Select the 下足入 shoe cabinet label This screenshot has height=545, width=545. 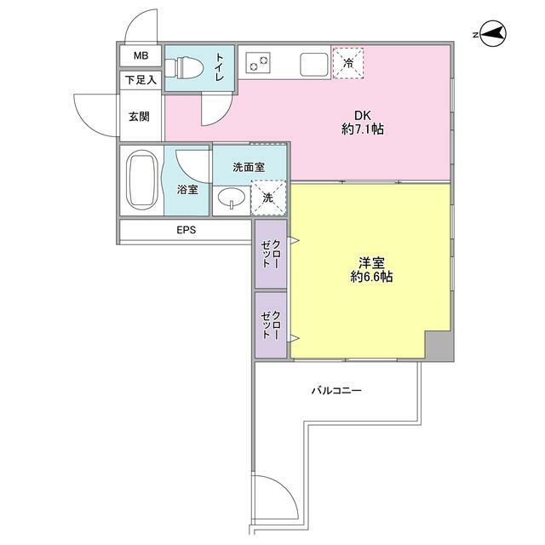click(x=141, y=81)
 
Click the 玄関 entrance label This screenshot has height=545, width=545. click(x=140, y=116)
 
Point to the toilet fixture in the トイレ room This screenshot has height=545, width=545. click(x=183, y=67)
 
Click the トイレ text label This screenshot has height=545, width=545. click(x=220, y=66)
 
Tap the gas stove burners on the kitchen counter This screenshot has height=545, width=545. click(x=256, y=62)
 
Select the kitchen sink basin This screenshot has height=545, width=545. click(x=311, y=62)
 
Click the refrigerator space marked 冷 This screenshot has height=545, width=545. click(x=348, y=62)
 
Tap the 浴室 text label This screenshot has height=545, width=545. click(x=187, y=190)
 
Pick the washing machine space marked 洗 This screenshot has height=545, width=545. click(x=268, y=197)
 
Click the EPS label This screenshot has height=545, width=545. click(x=186, y=230)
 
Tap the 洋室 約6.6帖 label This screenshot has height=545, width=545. click(x=370, y=270)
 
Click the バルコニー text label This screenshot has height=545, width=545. click(x=336, y=391)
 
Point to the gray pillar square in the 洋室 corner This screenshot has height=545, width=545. click(x=438, y=346)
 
